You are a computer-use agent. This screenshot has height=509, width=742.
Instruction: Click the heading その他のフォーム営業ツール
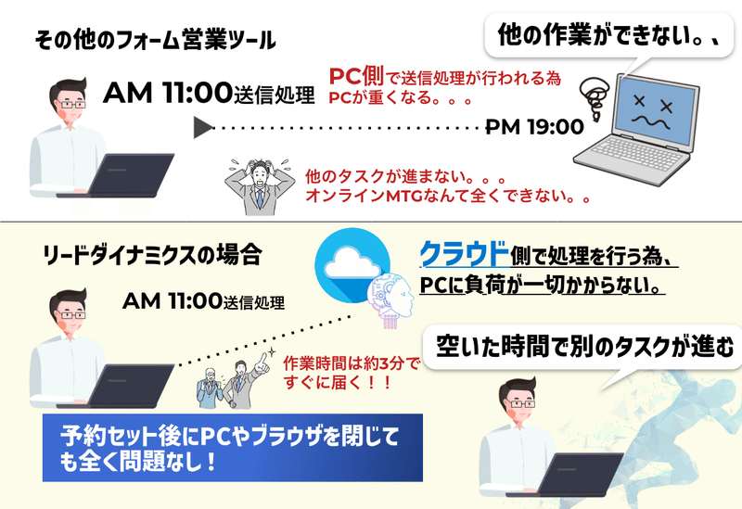click(155, 40)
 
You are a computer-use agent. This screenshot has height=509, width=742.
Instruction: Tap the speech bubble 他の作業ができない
click(609, 35)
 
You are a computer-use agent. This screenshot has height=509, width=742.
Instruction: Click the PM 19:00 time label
click(535, 127)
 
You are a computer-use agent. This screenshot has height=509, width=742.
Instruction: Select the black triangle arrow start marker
click(203, 128)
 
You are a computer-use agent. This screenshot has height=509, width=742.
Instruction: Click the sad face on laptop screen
click(653, 112)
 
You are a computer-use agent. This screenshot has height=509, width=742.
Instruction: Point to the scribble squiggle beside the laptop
click(595, 98)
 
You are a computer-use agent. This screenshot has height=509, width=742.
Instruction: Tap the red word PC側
click(356, 76)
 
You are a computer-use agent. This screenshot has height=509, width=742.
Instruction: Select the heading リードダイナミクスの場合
click(152, 256)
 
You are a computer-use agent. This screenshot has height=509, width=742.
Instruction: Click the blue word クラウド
click(465, 253)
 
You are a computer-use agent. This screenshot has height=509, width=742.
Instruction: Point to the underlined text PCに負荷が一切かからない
click(541, 285)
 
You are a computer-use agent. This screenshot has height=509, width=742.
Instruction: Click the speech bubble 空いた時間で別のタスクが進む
click(583, 348)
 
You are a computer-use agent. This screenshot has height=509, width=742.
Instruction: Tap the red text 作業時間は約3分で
click(352, 363)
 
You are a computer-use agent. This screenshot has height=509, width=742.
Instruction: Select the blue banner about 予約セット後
click(233, 448)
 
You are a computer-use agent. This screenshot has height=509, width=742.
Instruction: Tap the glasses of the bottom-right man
click(522, 403)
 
